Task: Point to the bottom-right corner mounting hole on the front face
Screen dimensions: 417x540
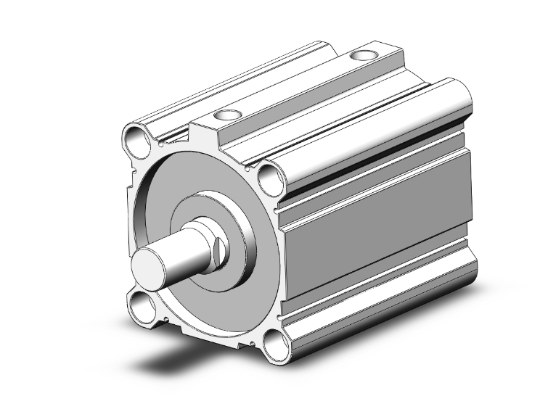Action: coord(274,347)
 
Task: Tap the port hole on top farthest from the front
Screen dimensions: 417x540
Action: coord(361,56)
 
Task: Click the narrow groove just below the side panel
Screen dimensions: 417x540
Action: coord(377,267)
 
